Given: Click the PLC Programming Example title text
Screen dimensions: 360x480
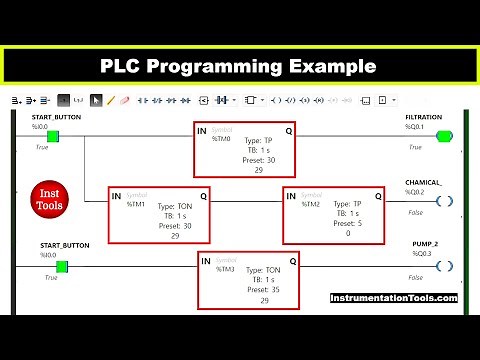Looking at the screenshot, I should (239, 66).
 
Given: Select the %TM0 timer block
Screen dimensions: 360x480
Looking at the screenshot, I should (245, 149).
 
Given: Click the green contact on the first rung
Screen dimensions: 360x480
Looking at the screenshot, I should (53, 136).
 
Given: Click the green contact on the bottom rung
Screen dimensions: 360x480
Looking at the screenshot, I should (61, 266).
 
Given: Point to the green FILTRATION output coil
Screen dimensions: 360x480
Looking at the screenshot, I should (444, 136).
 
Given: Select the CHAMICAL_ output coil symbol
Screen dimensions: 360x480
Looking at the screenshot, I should (444, 201).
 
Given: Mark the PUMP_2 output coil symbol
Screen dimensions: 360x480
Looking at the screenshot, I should (444, 266).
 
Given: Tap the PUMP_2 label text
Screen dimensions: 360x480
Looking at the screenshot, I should (427, 244).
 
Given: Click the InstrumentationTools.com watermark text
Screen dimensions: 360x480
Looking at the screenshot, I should (394, 298).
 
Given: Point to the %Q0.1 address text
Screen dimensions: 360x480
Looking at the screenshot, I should (414, 127).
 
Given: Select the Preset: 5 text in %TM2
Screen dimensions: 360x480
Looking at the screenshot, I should (348, 224).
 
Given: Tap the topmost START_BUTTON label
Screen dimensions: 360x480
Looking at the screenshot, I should (55, 118).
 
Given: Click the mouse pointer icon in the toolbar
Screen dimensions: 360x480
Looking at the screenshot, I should (96, 100).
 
